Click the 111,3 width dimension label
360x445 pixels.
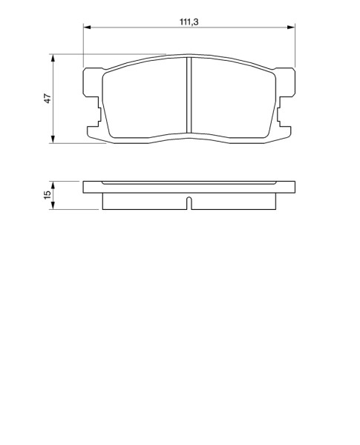[x=189, y=22]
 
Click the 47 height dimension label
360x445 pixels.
[x=48, y=98]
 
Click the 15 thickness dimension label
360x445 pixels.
[x=48, y=194]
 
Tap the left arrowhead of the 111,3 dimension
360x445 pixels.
[x=87, y=27]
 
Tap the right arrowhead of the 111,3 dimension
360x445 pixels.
[x=291, y=27]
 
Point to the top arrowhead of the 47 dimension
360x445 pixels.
[x=53, y=58]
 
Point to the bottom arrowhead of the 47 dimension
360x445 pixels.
[x=53, y=139]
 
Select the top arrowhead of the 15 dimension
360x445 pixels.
[x=53, y=185]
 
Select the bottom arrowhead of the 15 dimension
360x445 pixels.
[x=53, y=205]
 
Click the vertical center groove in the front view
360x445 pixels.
[x=189, y=95]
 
